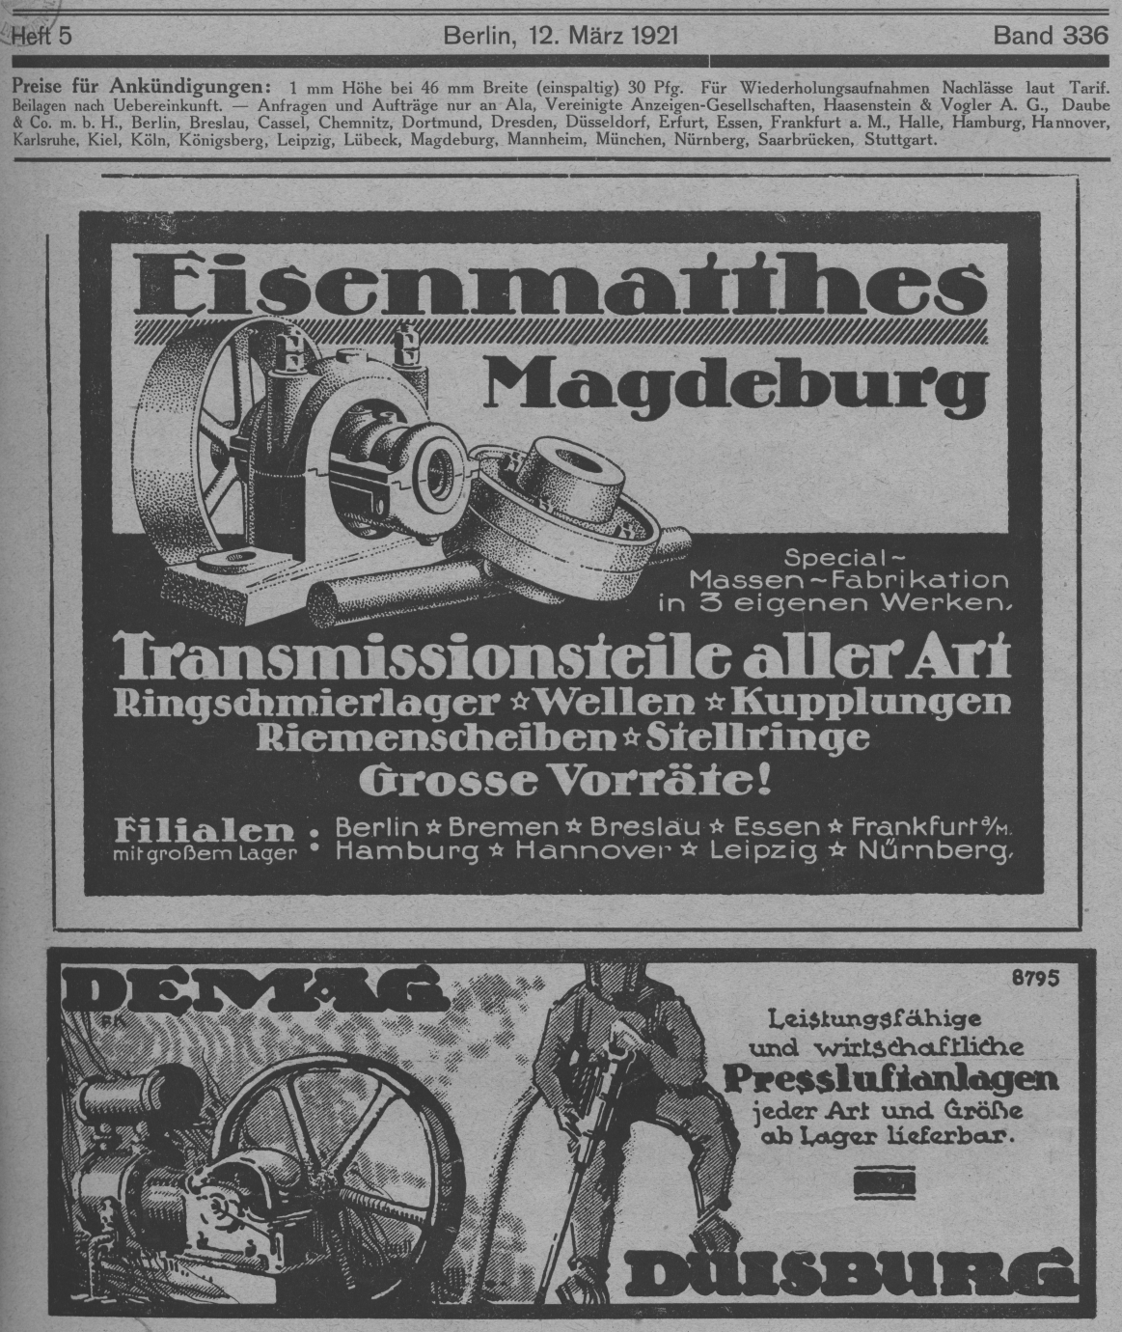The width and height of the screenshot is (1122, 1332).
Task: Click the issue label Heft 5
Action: pyautogui.click(x=41, y=37)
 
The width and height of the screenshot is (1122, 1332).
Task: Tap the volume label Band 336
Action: pyautogui.click(x=1051, y=37)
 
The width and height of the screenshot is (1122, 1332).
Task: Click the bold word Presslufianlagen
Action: pyautogui.click(x=892, y=1078)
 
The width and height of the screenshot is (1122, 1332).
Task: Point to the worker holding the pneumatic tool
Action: pyautogui.click(x=627, y=1110)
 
